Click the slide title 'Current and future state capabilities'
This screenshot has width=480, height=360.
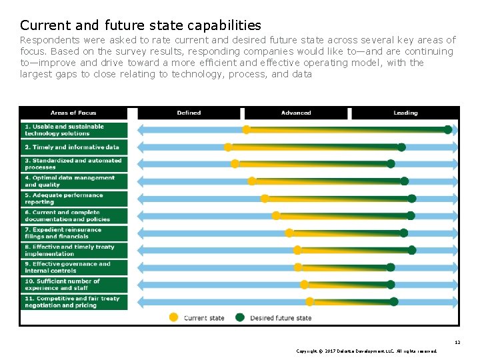141,25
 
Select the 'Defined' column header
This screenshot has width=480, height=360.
189,113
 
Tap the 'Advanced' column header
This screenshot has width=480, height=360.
296,113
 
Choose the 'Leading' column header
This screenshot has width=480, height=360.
405,113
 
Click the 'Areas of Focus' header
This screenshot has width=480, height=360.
73,113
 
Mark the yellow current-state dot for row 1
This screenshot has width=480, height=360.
247,130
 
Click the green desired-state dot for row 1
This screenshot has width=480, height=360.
448,130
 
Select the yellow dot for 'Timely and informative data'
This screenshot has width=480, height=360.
229,147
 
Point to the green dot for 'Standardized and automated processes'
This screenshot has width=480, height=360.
391,164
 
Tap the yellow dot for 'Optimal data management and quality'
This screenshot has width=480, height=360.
252,181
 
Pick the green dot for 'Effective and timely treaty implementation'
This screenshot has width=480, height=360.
412,250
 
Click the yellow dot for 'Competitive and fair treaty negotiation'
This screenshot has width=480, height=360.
309,302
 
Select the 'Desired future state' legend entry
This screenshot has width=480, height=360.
275,318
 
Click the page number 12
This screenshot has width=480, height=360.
457,342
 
